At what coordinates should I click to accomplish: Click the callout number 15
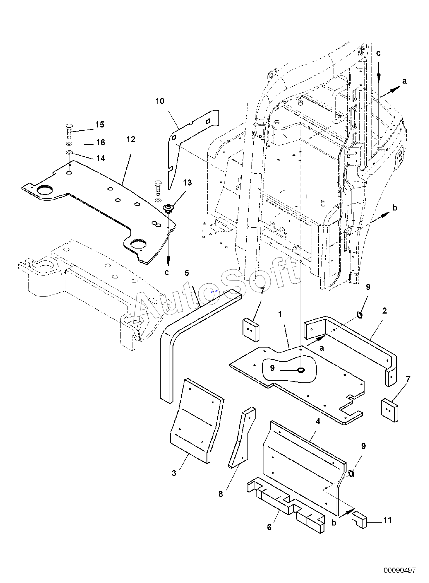pos(100,125)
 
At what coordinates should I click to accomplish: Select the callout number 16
pos(100,142)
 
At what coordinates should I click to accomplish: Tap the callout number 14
pos(100,158)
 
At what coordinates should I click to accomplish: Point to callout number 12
pos(131,140)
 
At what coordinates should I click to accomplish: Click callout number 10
pos(160,101)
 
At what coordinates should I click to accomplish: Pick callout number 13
pos(188,183)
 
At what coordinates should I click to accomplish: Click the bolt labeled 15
pos(69,131)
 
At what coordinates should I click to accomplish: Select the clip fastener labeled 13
pos(168,208)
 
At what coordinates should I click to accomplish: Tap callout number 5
pos(187,273)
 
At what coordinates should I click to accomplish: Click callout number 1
pos(280,314)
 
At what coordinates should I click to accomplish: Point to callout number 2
pos(385,311)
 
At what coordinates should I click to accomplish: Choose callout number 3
pos(174,473)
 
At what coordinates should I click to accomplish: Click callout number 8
pos(221,494)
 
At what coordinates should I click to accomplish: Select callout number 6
pos(269,528)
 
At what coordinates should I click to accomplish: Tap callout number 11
pos(387,520)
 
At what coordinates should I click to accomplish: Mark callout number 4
pos(318,421)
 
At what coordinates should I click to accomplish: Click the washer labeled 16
pos(69,144)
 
